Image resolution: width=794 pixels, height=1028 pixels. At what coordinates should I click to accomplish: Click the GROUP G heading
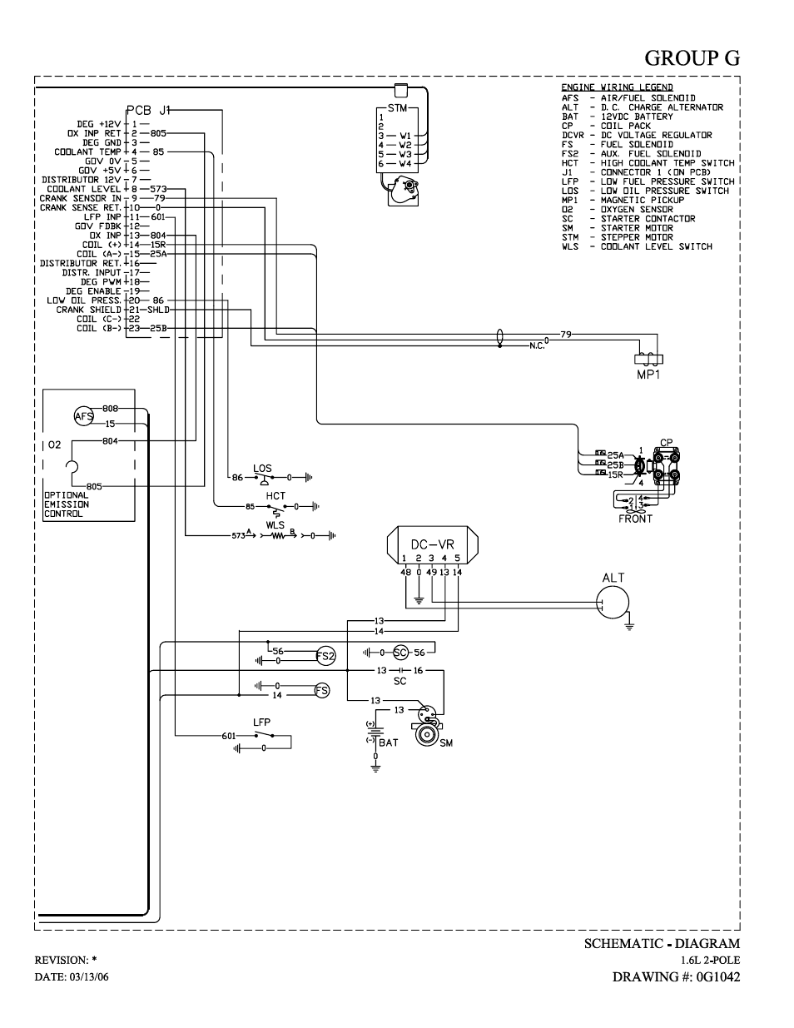[x=692, y=57]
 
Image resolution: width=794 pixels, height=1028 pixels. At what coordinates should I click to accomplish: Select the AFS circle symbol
[x=84, y=416]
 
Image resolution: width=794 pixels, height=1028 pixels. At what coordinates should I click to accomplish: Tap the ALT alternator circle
[x=613, y=602]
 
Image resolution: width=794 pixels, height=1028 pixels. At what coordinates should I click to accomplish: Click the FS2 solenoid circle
[x=325, y=656]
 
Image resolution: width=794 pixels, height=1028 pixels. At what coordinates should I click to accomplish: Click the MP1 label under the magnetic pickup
[x=648, y=375]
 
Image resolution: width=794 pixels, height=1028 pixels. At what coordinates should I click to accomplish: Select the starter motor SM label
[x=446, y=743]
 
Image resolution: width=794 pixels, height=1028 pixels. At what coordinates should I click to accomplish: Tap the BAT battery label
[x=388, y=742]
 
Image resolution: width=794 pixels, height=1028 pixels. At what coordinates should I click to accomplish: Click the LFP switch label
[x=261, y=723]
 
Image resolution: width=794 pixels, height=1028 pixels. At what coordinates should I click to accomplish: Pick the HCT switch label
[x=275, y=496]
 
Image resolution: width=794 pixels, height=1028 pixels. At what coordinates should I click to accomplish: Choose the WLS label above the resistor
[x=275, y=525]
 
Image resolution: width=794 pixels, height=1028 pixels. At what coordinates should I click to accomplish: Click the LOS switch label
[x=262, y=468]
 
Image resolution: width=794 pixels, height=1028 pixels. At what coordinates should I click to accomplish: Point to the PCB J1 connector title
[x=148, y=111]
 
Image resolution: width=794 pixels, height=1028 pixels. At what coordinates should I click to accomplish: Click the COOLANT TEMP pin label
[x=88, y=151]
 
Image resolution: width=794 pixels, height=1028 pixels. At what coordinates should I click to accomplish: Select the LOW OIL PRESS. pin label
[x=84, y=300]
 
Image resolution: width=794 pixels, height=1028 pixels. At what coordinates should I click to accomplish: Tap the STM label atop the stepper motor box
[x=397, y=108]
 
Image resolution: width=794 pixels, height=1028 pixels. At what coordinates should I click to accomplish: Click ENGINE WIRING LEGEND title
[x=617, y=87]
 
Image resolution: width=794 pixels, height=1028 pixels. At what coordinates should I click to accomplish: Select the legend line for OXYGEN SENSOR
[x=617, y=209]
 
